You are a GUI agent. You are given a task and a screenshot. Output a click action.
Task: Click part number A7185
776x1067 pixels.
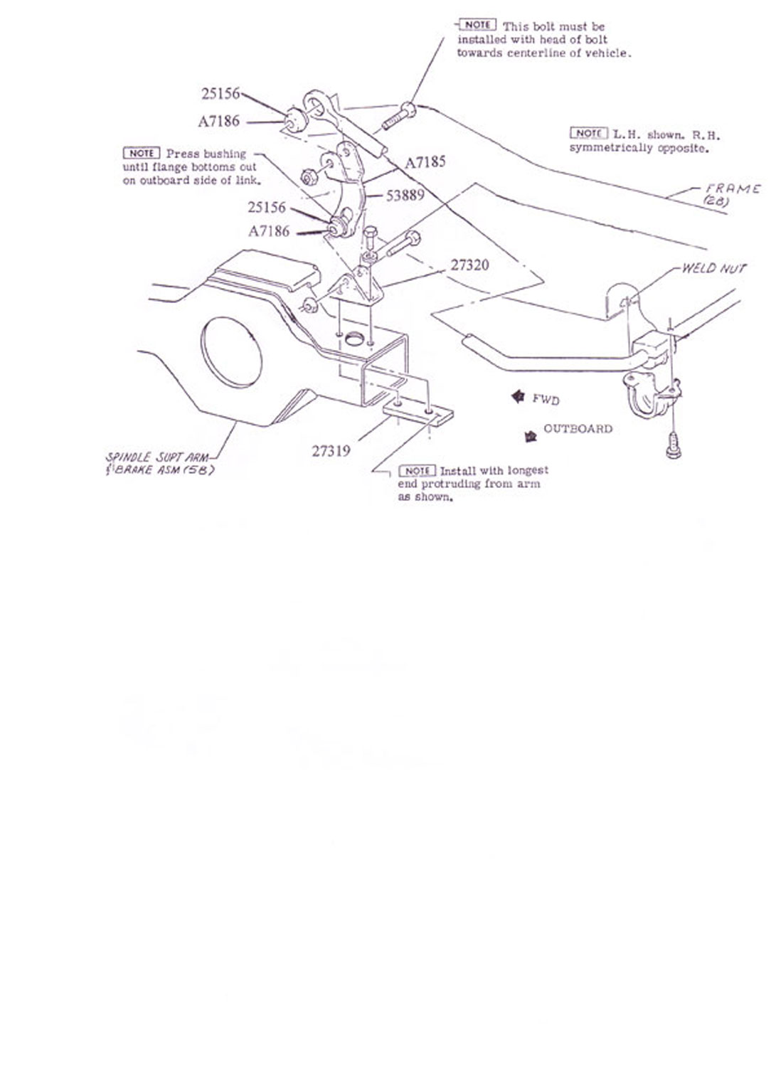(x=425, y=162)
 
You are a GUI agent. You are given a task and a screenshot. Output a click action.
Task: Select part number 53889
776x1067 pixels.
(x=405, y=195)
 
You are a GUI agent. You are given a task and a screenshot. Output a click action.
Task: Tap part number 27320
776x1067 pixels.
(x=469, y=265)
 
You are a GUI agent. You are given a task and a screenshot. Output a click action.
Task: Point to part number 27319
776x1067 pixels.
(x=331, y=450)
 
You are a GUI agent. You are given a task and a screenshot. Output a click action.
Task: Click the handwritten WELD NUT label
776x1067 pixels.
(x=713, y=268)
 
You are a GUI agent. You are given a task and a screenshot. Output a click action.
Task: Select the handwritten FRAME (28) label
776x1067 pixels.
(x=732, y=194)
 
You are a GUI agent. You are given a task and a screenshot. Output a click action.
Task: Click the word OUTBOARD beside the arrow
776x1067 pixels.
(x=578, y=429)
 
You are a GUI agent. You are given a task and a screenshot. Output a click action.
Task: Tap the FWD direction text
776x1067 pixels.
(x=546, y=399)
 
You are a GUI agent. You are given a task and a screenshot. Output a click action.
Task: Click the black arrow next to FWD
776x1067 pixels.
(x=518, y=396)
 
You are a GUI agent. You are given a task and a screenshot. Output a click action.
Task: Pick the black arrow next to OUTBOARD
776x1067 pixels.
(x=530, y=436)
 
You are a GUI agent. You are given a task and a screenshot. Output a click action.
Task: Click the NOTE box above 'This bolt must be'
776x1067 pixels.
(x=477, y=25)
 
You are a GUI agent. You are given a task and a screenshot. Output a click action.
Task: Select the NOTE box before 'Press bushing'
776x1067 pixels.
(x=141, y=153)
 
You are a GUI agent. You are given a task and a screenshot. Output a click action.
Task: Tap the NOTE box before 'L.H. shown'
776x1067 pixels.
(x=589, y=133)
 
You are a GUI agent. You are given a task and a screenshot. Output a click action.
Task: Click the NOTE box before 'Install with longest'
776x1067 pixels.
(x=418, y=471)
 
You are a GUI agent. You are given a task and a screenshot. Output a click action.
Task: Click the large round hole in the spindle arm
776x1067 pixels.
(x=231, y=351)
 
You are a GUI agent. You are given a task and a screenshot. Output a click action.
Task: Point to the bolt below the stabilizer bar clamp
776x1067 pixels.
(x=673, y=445)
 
